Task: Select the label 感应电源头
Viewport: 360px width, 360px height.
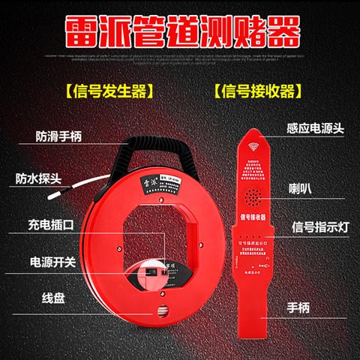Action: tap(315, 129)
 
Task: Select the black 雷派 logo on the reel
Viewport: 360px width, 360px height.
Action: tap(142, 181)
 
